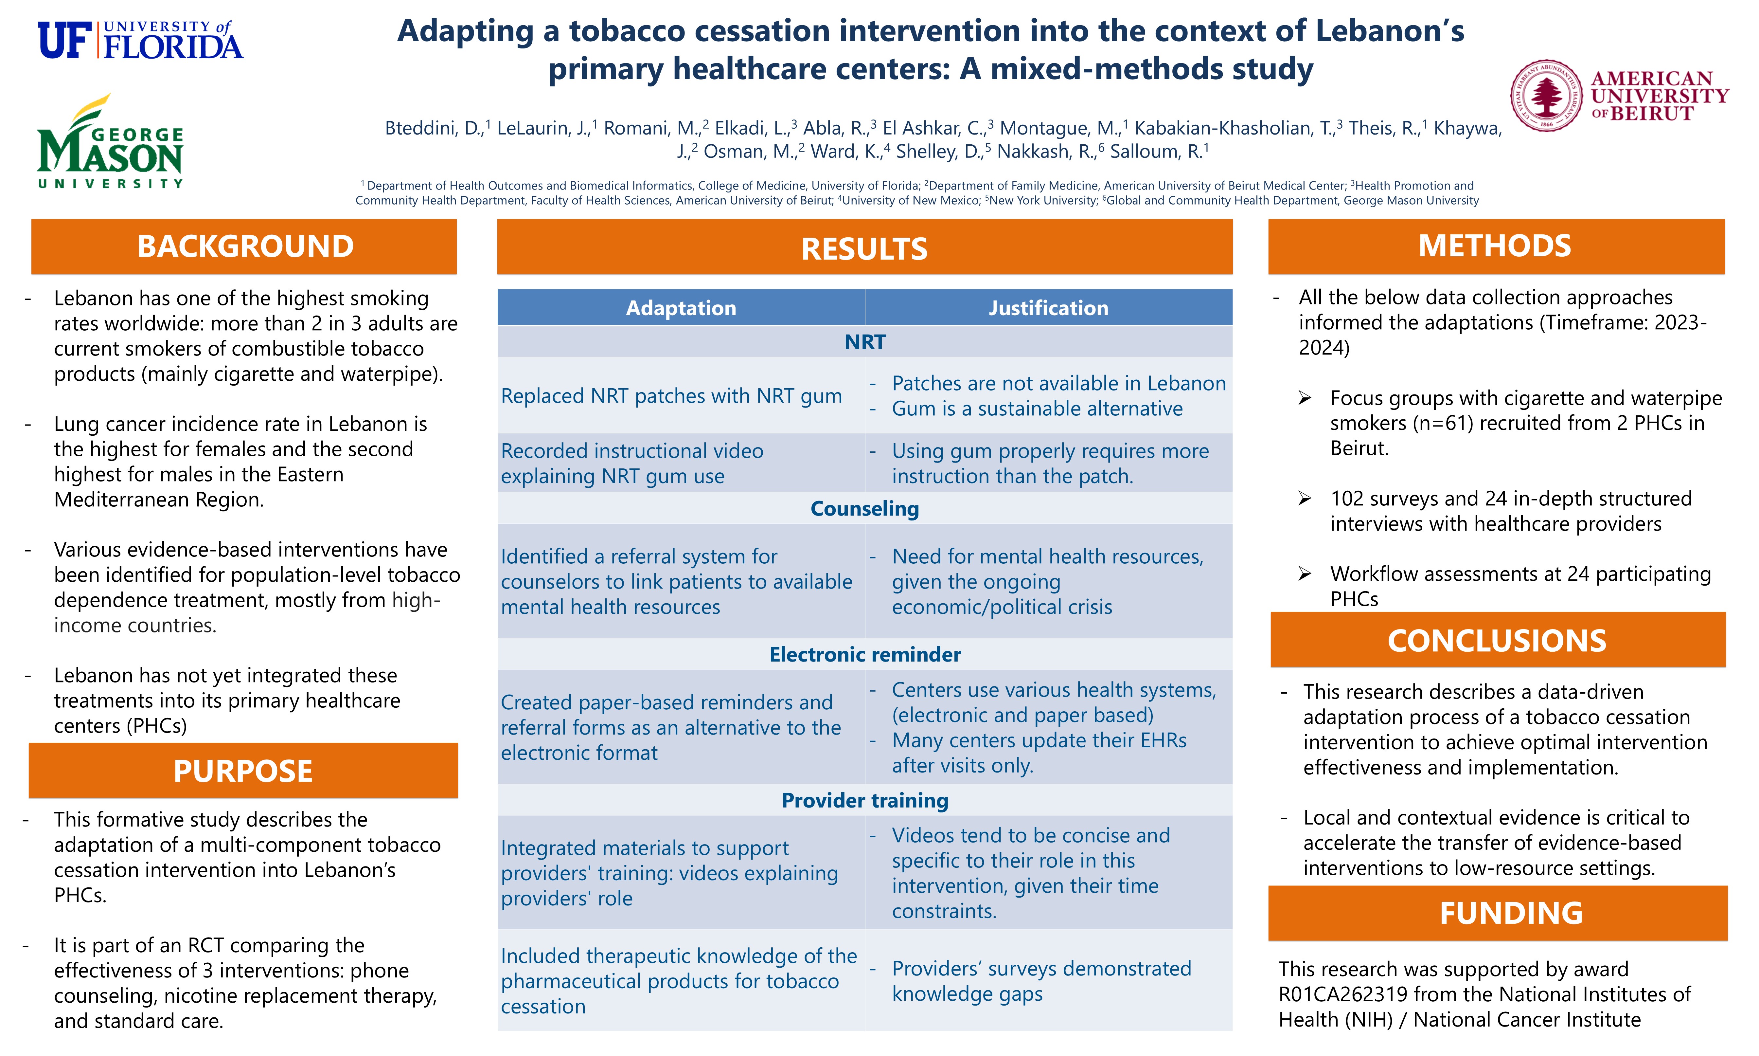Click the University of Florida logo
click(x=140, y=40)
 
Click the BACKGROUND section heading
click(x=245, y=246)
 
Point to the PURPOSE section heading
click(x=242, y=771)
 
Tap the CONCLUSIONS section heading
click(x=1497, y=640)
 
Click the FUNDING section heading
click(x=1511, y=913)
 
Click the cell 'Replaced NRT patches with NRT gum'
click(x=671, y=396)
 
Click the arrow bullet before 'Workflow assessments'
click(x=1305, y=574)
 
